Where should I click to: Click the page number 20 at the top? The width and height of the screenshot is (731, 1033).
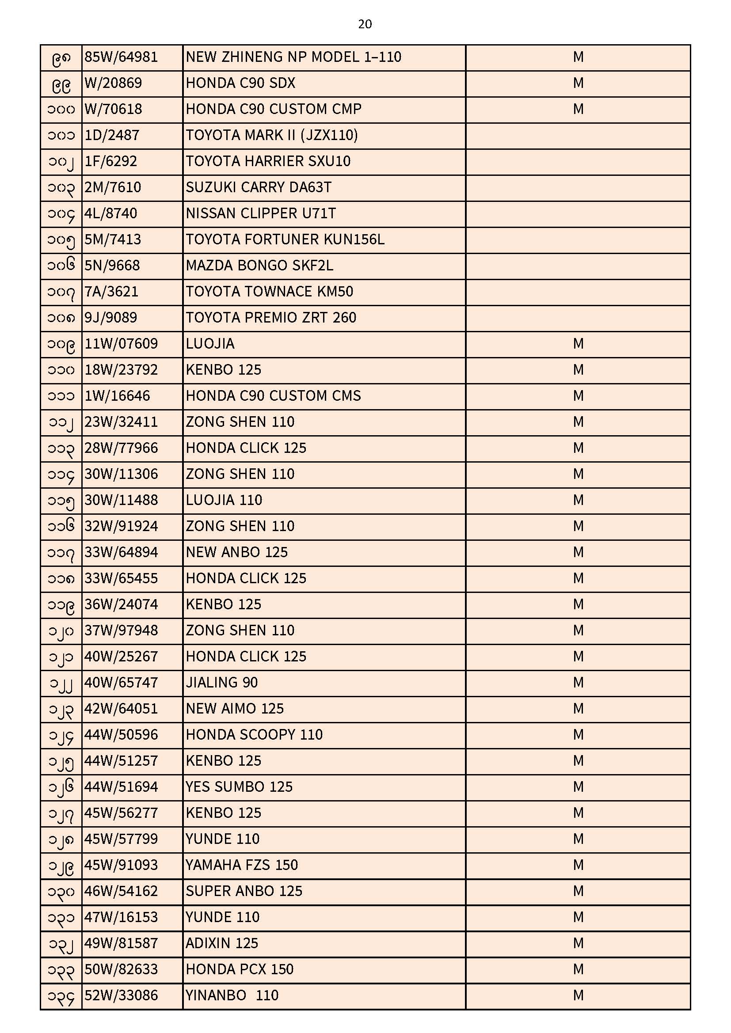[x=365, y=24]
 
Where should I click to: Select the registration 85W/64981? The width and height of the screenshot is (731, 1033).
[x=121, y=57]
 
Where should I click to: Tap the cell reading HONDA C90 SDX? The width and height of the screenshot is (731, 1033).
[x=240, y=83]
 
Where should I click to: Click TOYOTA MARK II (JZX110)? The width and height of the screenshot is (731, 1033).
[x=271, y=136]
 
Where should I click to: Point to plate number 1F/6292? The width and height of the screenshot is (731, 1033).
[x=111, y=162]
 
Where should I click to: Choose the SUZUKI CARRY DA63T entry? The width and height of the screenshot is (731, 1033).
[x=259, y=188]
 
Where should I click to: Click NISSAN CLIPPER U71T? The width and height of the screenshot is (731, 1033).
[x=261, y=213]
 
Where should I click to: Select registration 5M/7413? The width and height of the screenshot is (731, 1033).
[x=113, y=239]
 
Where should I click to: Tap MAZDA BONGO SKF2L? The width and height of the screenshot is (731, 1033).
[x=259, y=266]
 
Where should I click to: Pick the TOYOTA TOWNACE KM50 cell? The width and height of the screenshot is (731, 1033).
[x=269, y=292]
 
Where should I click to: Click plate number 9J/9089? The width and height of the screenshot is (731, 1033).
[x=111, y=318]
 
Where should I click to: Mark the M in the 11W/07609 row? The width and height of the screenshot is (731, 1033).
[x=578, y=344]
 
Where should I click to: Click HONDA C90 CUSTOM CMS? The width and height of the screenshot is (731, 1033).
[x=273, y=396]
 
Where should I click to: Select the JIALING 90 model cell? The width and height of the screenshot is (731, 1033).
[x=221, y=683]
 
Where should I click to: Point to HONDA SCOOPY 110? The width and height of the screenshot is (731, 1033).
[x=254, y=735]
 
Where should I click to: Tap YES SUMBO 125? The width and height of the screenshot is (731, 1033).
[x=239, y=787]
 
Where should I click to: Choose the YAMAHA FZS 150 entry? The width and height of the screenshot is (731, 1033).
[x=242, y=865]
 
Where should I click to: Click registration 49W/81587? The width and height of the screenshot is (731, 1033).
[x=121, y=943]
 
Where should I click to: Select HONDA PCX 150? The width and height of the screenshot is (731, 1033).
[x=240, y=969]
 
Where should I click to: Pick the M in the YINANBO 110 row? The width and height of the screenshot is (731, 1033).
[x=578, y=995]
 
